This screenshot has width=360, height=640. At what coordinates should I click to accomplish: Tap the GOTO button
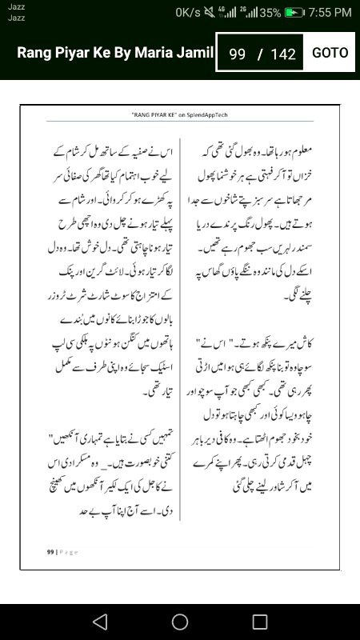(x=330, y=53)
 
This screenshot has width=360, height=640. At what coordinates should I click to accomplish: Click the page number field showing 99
(x=237, y=54)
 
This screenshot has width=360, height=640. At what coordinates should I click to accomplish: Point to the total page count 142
(x=283, y=54)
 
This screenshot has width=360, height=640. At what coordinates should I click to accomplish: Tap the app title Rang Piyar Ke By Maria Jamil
(x=115, y=53)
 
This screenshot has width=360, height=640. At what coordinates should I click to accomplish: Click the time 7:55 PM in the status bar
(x=330, y=13)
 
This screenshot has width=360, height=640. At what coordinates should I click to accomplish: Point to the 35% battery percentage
(x=270, y=13)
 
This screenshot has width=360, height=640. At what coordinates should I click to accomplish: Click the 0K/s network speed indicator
(x=188, y=13)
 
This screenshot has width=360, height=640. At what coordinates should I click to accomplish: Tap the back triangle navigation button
(x=99, y=622)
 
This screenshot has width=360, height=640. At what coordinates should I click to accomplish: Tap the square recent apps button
(x=260, y=622)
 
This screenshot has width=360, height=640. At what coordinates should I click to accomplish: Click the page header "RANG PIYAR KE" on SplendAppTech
(x=179, y=115)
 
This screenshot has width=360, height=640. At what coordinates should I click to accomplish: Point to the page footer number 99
(x=49, y=551)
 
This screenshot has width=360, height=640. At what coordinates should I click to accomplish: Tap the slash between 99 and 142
(x=260, y=54)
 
